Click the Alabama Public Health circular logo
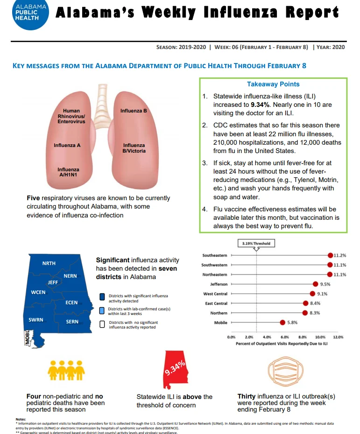[x=30, y=13]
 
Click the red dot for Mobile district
[x=282, y=322]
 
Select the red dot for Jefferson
[x=316, y=284]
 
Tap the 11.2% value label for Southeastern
[x=340, y=255]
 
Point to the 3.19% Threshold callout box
[x=256, y=244]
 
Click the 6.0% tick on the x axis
[x=285, y=337]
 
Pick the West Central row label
[x=215, y=294]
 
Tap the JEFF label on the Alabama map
[x=53, y=282]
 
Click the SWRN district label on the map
[x=36, y=320]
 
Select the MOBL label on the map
[x=27, y=337]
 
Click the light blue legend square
[x=102, y=310]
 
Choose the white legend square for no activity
[x=102, y=324]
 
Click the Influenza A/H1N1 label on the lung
[x=68, y=172]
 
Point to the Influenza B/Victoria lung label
[x=134, y=148]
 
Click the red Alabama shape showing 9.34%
[x=175, y=370]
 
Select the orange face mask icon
[x=286, y=371]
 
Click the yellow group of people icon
[x=66, y=371]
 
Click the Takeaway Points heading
[x=273, y=84]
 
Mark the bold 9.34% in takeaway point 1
[x=260, y=105]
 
